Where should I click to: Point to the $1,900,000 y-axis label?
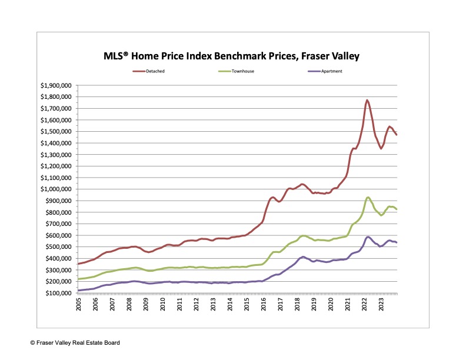56,85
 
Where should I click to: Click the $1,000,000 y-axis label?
56,189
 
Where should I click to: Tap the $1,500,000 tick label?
56,131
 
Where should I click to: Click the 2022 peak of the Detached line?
367,100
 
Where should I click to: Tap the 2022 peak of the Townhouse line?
368,197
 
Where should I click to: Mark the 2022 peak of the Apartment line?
368,236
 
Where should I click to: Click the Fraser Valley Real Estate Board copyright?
64,342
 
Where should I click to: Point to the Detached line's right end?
397,135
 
